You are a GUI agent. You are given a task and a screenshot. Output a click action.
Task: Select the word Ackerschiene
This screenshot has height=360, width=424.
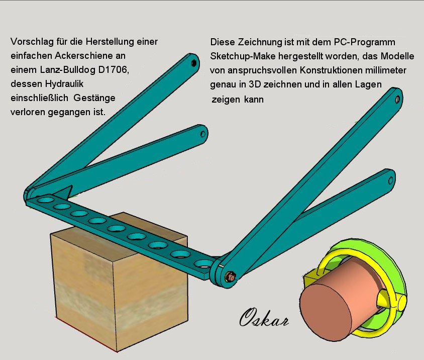[x=90, y=55]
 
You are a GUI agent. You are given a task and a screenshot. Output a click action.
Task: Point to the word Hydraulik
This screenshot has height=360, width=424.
[x=64, y=83]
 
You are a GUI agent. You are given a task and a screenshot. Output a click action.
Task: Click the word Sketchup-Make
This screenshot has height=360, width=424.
[x=243, y=56]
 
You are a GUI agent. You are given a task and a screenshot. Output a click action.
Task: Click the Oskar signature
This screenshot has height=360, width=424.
[x=264, y=318]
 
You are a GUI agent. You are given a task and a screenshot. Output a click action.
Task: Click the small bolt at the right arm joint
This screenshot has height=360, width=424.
[x=231, y=277]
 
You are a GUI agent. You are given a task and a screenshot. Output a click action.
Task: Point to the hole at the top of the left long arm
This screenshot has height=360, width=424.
[x=193, y=63]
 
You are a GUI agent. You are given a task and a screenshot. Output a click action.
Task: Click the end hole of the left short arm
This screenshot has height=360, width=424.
[x=203, y=134]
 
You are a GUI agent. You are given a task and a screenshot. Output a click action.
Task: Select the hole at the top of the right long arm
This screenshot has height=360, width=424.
[x=397, y=99]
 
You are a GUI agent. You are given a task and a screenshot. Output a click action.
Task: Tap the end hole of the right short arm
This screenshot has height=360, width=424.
[x=391, y=181]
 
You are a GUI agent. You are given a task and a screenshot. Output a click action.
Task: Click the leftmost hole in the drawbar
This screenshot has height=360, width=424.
[x=46, y=201]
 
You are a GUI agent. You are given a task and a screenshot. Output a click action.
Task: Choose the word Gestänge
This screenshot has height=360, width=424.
[x=94, y=98]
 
